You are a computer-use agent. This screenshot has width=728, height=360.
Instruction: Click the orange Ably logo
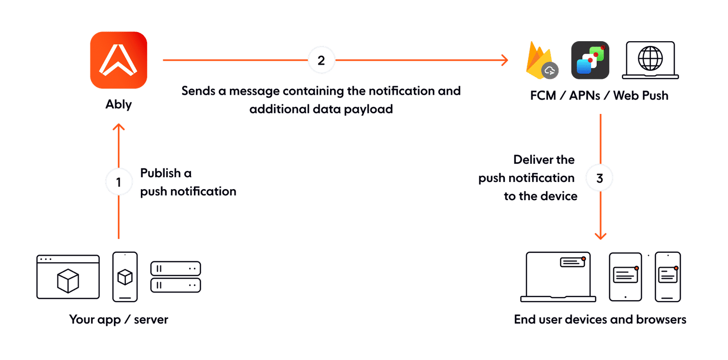click(x=118, y=60)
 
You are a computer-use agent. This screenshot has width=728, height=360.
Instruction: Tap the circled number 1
click(x=119, y=181)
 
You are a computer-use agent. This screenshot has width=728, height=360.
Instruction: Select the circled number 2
click(x=321, y=60)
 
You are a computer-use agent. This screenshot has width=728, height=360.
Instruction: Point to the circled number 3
click(x=600, y=178)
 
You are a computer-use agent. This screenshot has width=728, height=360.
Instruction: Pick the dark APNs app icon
click(x=590, y=60)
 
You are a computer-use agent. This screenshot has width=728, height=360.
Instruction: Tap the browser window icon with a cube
click(x=68, y=277)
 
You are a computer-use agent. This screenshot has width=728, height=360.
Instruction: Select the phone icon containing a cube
click(x=125, y=277)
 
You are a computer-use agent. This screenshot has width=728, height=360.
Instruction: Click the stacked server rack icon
click(x=175, y=277)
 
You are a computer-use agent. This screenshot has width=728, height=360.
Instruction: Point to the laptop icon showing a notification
click(x=558, y=277)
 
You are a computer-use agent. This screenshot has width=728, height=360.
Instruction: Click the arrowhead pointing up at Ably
click(x=119, y=127)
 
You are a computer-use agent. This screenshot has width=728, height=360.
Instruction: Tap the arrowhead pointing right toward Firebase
click(x=504, y=60)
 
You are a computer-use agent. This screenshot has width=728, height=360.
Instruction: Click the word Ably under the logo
click(x=118, y=105)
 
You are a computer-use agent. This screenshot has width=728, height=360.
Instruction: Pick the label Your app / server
click(x=118, y=319)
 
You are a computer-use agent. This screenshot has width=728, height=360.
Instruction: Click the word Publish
click(x=160, y=173)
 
